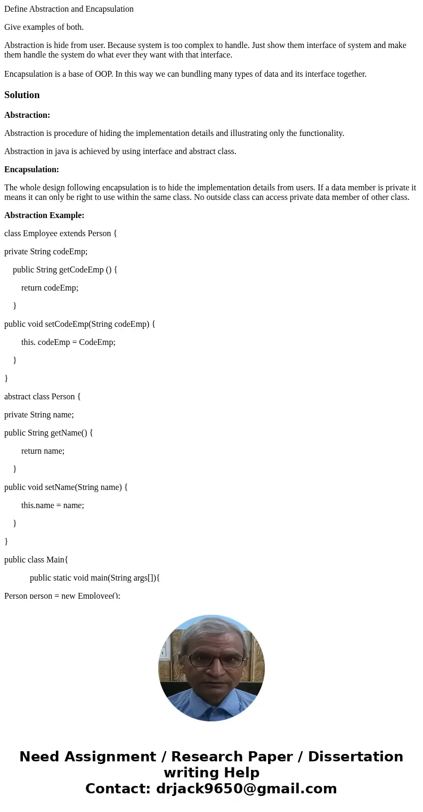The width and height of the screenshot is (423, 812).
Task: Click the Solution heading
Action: coord(22,95)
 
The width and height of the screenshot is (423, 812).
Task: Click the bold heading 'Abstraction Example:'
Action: coord(44,215)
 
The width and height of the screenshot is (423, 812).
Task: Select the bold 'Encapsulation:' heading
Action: coord(31,170)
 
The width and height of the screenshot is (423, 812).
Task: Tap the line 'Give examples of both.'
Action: coord(44,27)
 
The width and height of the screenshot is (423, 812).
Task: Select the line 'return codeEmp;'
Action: coord(50,288)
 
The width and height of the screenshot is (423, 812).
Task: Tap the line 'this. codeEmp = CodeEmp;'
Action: coord(68,342)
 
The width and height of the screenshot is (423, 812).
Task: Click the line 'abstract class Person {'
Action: coord(43,397)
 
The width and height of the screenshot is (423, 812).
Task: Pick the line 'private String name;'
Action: coord(39,415)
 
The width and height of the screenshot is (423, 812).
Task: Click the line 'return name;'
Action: coord(43,451)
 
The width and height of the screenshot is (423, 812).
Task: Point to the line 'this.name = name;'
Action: coord(53,505)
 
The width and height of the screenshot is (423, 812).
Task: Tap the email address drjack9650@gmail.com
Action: coord(246,789)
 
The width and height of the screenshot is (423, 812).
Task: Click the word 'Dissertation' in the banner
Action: coord(355,757)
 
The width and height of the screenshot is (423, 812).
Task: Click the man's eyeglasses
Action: coord(216,661)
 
